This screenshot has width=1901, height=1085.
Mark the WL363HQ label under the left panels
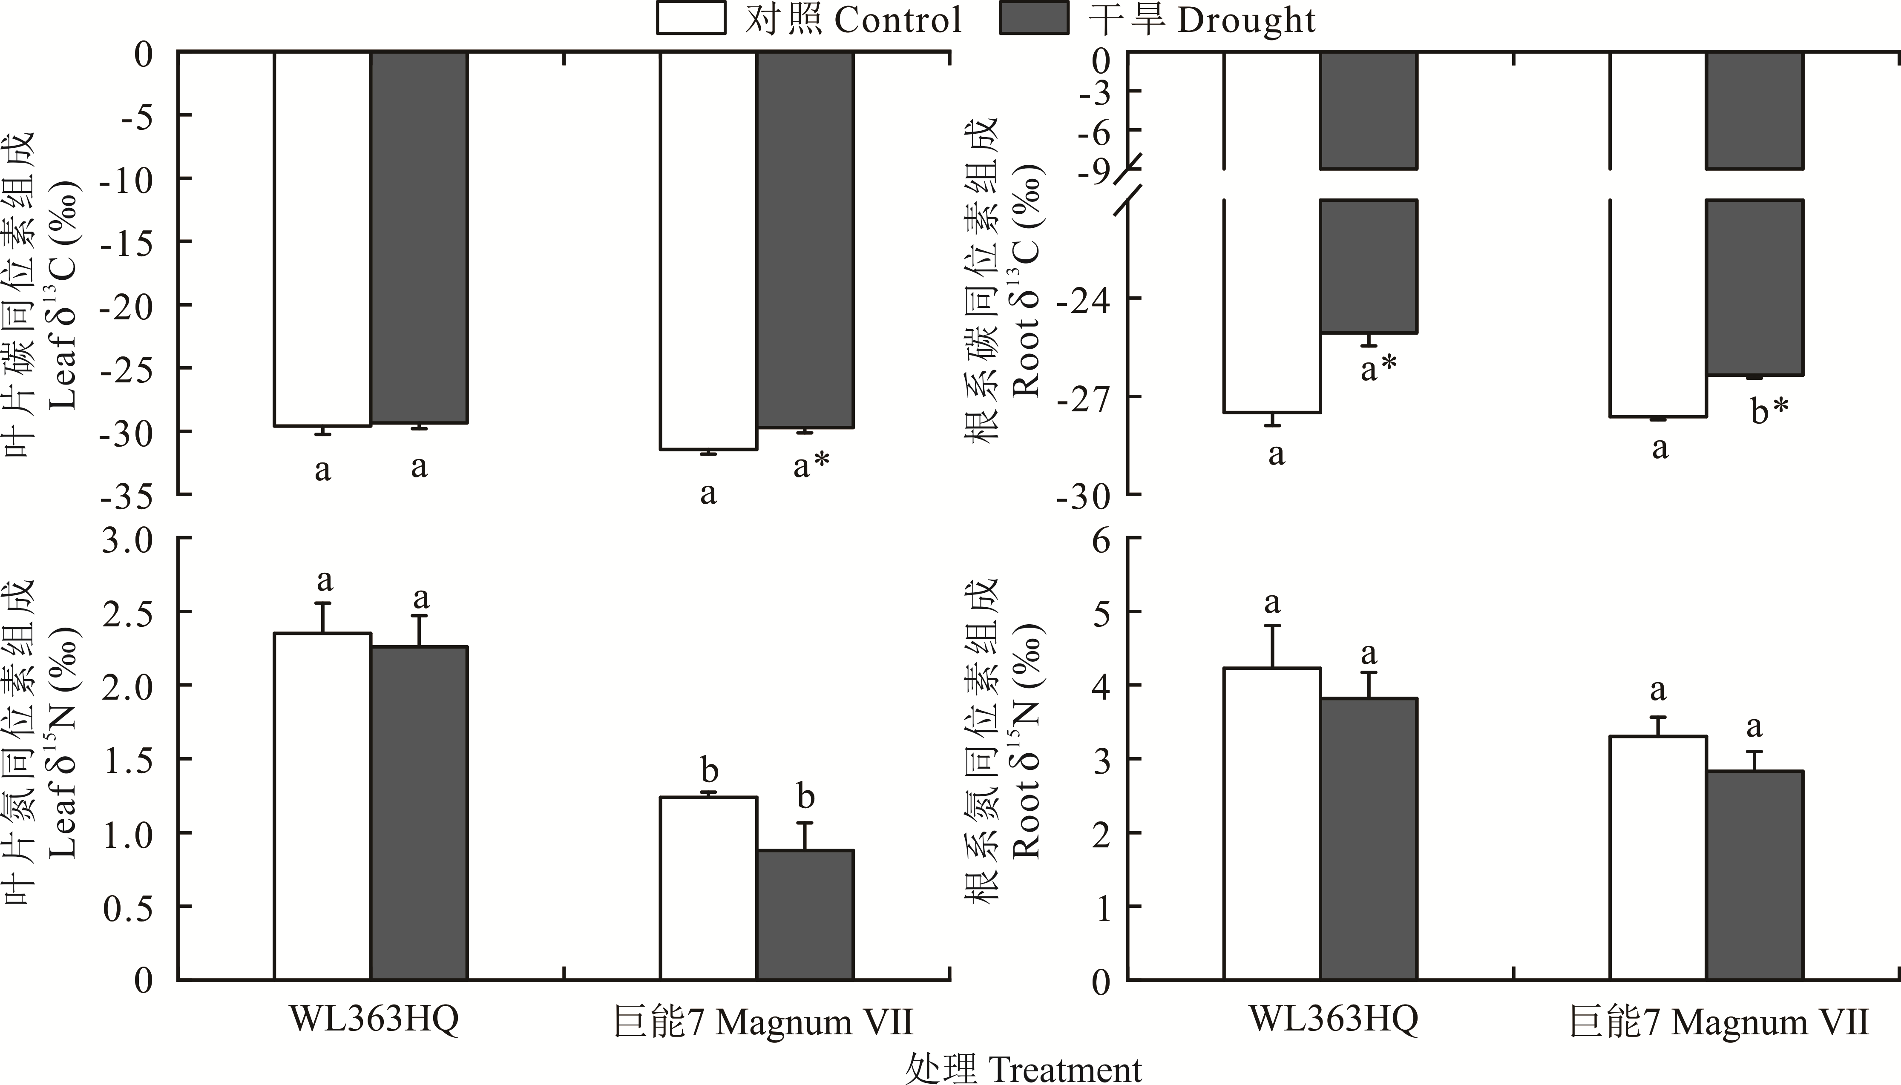click(374, 1019)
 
